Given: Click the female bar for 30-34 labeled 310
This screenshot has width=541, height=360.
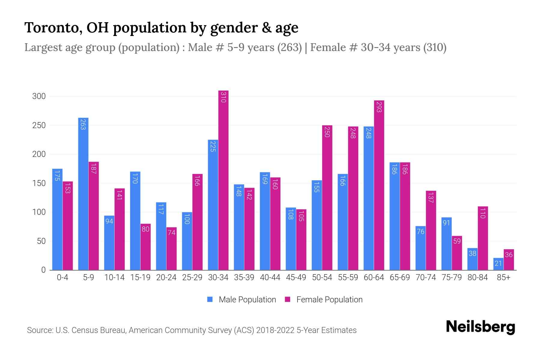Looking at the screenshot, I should (223, 180).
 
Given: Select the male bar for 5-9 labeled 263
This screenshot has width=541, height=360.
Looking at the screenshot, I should (83, 194).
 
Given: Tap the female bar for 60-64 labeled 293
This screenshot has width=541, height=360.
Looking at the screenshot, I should (379, 185).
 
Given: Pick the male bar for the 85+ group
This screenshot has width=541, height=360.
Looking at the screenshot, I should (498, 264).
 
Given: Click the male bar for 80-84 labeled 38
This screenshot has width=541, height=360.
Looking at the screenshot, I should (472, 259).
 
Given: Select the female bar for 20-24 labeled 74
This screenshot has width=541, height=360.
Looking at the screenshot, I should (171, 249).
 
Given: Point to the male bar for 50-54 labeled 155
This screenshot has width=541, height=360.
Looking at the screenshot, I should (317, 225).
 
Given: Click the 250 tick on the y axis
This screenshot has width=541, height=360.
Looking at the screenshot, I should (39, 125).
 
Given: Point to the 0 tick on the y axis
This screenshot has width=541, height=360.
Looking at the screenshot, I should (43, 270).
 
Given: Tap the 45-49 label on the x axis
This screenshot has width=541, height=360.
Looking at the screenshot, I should (296, 277).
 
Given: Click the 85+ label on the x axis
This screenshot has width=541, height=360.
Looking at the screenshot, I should (503, 277).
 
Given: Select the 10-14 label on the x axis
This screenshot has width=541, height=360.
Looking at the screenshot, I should (114, 277).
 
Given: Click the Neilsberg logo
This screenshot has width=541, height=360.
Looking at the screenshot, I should (480, 327).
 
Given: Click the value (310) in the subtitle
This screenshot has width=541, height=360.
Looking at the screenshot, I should (435, 47).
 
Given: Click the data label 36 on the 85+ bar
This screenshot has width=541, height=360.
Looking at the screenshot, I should (509, 255).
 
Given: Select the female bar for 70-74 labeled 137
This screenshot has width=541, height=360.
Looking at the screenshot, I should (431, 230).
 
